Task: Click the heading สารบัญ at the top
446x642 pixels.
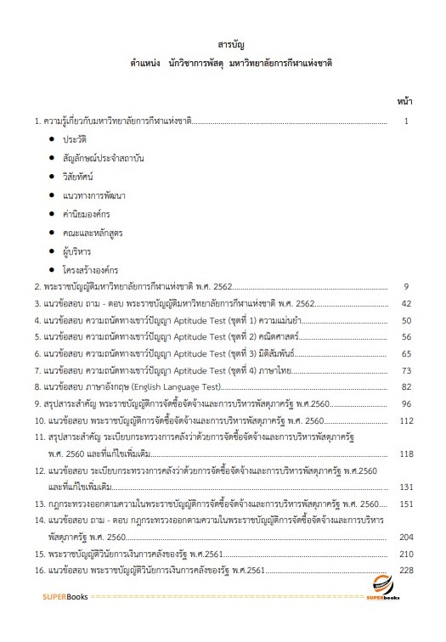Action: pos(231,43)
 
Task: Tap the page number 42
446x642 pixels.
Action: pos(406,303)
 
